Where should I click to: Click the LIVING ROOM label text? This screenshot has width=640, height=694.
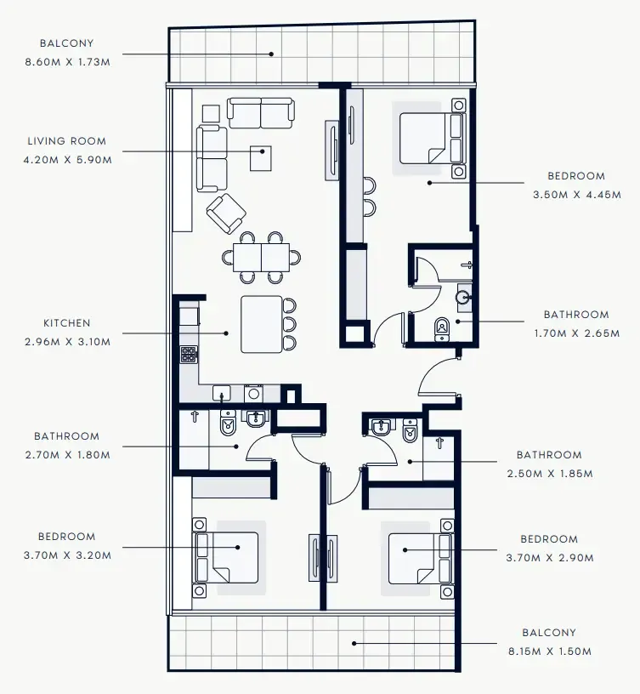coord(66,141)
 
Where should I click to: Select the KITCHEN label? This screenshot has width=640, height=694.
coord(66,323)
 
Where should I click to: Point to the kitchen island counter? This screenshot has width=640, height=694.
coord(261,323)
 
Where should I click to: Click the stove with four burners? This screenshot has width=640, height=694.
coord(188,355)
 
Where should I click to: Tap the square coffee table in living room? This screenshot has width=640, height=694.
coord(260,157)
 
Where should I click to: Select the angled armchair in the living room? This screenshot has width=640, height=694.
coord(226,213)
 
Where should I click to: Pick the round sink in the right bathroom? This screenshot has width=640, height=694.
coord(462,297)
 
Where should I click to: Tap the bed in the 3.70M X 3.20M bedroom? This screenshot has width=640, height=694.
coord(228,556)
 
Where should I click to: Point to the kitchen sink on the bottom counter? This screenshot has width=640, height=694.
coord(222,394)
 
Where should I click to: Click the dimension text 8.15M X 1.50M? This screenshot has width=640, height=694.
coord(548,651)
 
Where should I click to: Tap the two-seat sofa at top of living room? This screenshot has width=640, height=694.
coord(261,112)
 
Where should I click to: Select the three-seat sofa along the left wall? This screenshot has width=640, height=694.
coord(212,158)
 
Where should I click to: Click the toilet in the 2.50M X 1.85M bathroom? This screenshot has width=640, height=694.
coord(409,432)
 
